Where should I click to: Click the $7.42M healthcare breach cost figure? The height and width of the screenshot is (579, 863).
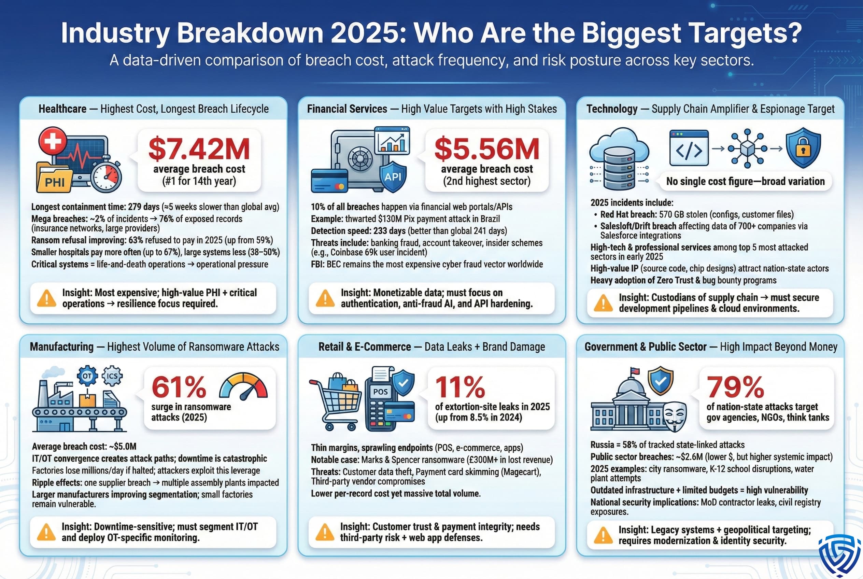[199, 149]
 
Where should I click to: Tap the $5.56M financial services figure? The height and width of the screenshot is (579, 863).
[487, 149]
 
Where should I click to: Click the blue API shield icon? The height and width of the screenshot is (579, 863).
[393, 176]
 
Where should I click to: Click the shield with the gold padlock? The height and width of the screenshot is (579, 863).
[803, 148]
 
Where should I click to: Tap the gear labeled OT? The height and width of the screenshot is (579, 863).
[87, 376]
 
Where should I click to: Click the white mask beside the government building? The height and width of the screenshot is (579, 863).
[675, 416]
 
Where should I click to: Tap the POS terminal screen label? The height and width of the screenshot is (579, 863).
[380, 392]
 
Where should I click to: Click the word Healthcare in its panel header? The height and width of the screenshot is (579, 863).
[62, 109]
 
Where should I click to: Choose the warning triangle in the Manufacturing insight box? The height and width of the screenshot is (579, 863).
[46, 532]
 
